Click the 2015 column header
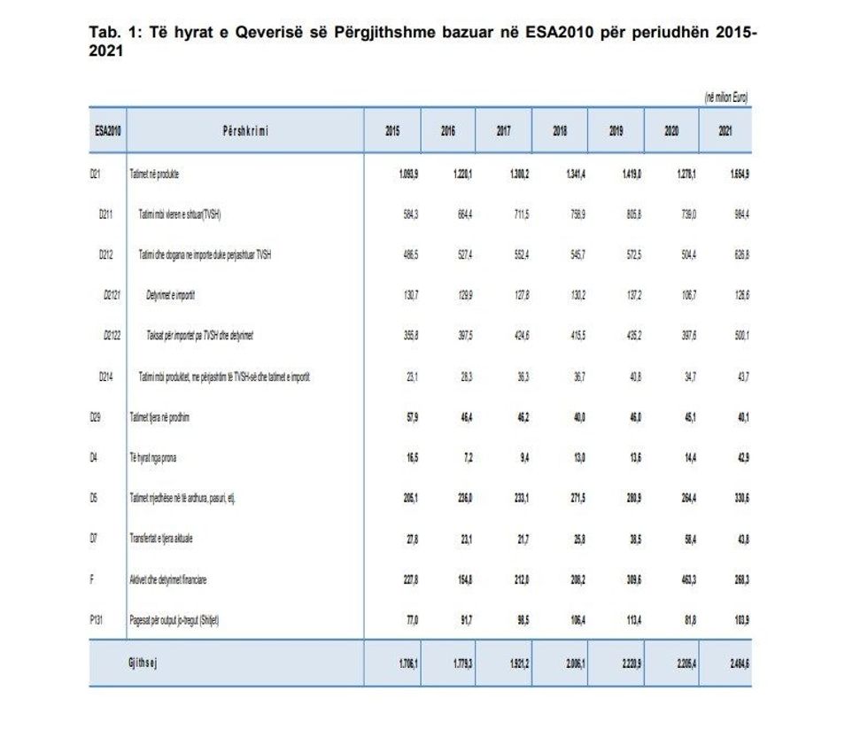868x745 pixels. (x=392, y=131)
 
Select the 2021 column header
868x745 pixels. (x=725, y=131)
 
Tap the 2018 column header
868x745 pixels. (x=560, y=131)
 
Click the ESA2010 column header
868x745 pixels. (x=108, y=131)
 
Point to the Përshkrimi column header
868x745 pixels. (x=245, y=131)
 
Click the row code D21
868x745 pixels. (x=96, y=175)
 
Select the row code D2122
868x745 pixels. (x=112, y=337)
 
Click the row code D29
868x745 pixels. (x=96, y=417)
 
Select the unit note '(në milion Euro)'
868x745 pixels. (x=726, y=97)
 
